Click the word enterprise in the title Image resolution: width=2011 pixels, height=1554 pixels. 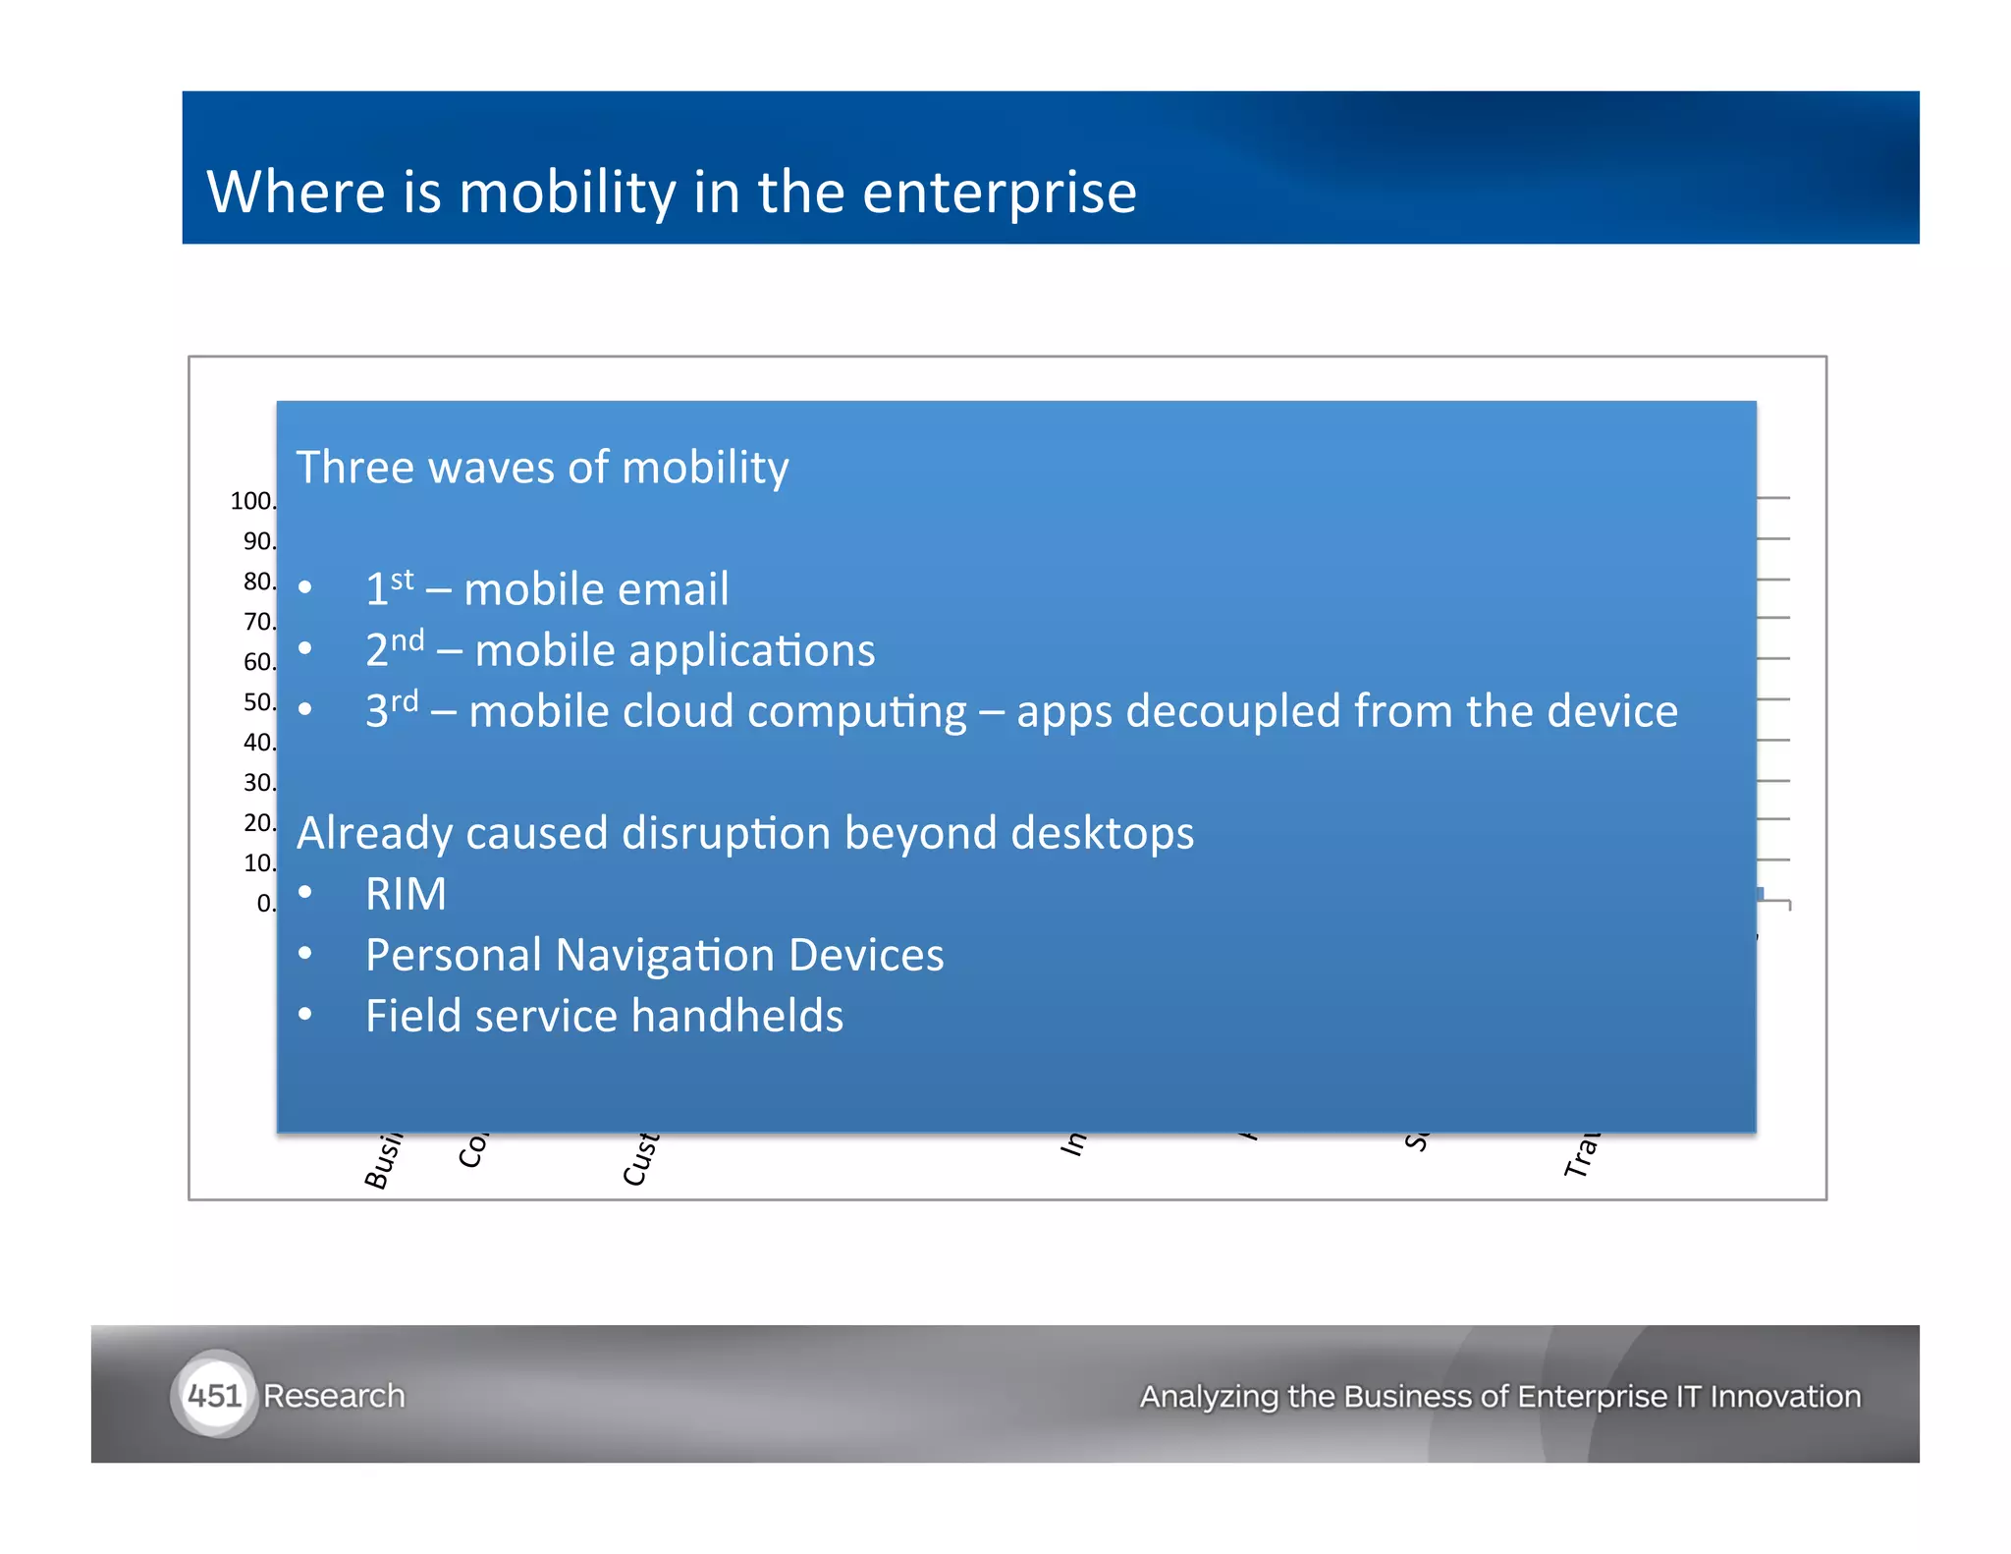tap(999, 194)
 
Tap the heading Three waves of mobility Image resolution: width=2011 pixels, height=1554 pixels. tap(542, 467)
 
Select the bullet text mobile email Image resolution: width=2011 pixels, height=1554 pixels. tap(596, 589)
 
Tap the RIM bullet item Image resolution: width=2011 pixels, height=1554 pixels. tap(406, 894)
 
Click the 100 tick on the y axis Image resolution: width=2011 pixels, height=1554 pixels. tap(252, 501)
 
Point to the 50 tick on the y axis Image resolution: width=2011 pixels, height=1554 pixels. tap(259, 702)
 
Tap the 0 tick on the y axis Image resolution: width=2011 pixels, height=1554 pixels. tap(265, 903)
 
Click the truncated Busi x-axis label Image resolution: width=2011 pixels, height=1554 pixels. tap(383, 1160)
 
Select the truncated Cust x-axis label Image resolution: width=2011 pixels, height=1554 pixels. tap(640, 1158)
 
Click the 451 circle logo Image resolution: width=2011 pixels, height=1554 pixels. tap(213, 1395)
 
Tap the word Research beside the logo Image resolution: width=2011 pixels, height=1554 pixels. tap(334, 1396)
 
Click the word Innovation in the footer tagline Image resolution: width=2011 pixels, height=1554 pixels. tap(1784, 1396)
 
